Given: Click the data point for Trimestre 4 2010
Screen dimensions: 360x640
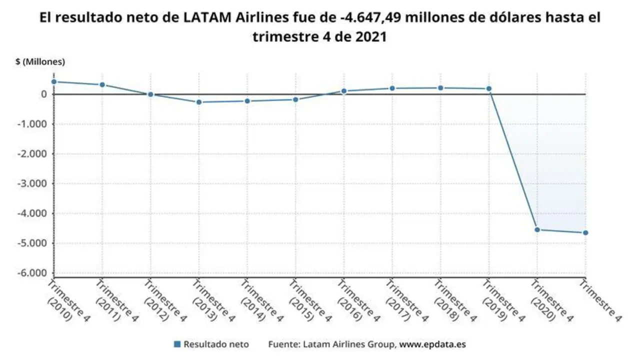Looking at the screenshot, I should click(x=53, y=81).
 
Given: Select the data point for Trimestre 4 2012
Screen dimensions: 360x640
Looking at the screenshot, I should click(x=150, y=94).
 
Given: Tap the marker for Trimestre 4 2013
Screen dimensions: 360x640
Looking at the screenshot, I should click(x=199, y=102).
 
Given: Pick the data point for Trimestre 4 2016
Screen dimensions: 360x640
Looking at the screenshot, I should click(x=344, y=91).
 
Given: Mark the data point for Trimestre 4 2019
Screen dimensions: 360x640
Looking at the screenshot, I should click(x=489, y=89).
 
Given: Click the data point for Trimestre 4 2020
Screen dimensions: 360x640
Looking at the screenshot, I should click(x=537, y=229).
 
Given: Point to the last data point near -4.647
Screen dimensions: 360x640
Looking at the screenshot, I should click(x=585, y=232).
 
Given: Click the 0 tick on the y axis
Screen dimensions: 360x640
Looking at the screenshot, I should click(x=44, y=94).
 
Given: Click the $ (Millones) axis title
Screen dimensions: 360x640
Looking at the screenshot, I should click(x=40, y=62).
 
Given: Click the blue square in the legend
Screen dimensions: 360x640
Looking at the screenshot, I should click(x=177, y=344).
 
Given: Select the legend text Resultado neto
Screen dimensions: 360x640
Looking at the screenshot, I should click(x=216, y=344).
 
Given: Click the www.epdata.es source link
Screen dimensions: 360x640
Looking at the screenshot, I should click(x=432, y=344).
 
